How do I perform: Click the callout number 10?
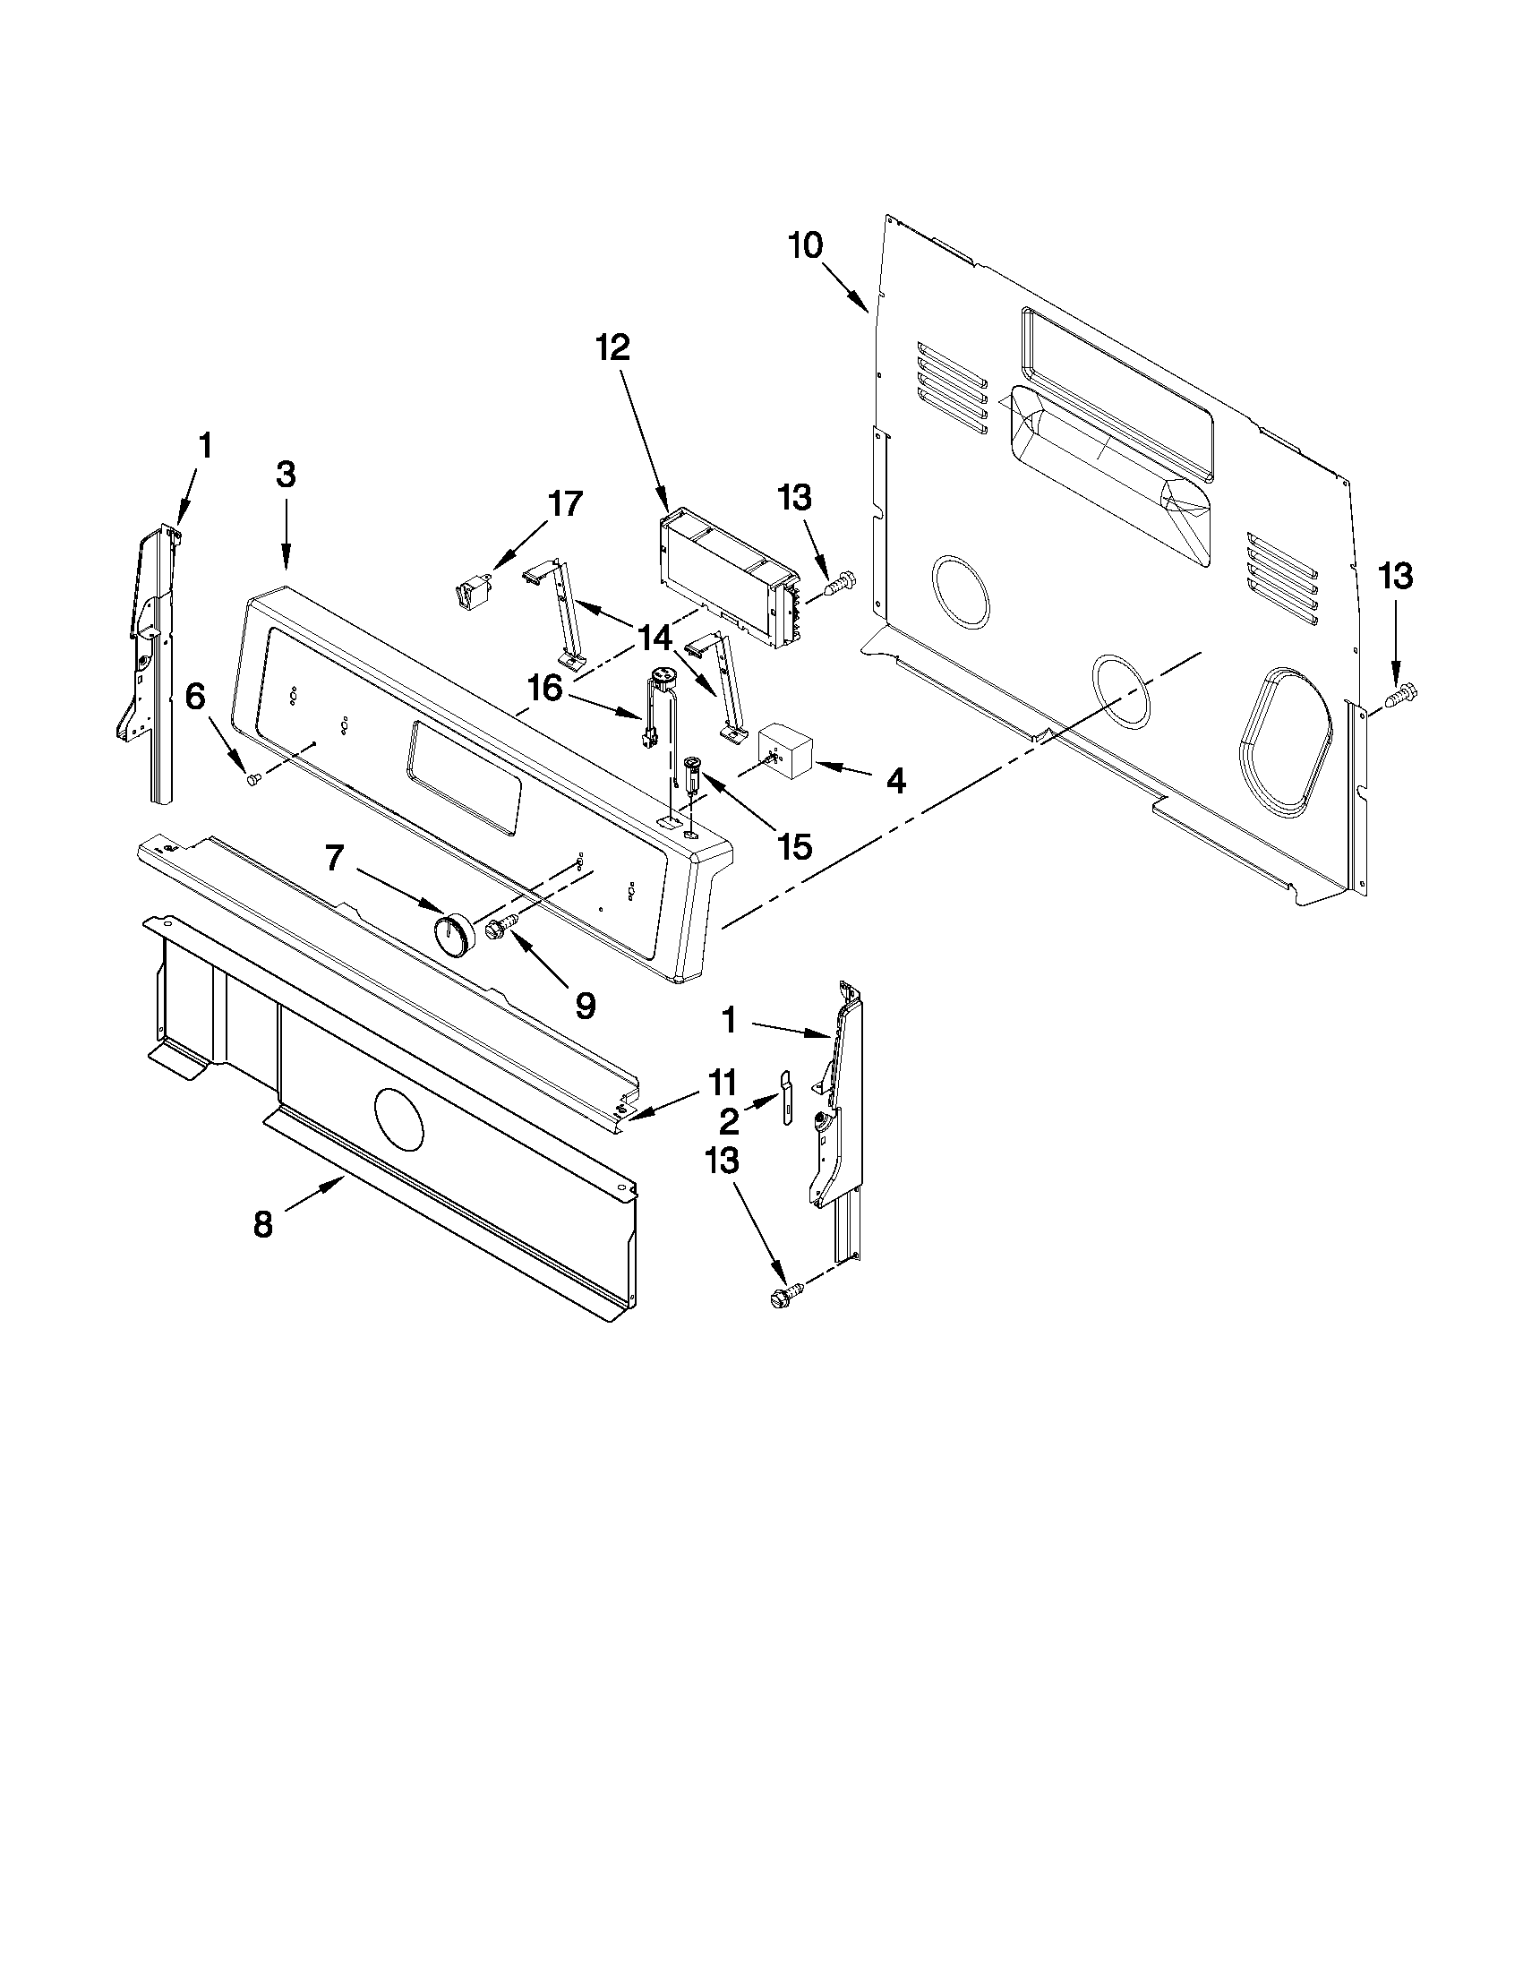pos(806,245)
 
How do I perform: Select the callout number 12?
pos(612,347)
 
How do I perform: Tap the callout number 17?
pos(565,503)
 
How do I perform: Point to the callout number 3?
pos(285,475)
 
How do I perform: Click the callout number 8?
pos(262,1225)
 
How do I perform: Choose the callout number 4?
pos(895,782)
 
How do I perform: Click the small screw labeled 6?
pos(253,777)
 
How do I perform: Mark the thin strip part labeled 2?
pos(786,1094)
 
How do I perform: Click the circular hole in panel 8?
pos(398,1119)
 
